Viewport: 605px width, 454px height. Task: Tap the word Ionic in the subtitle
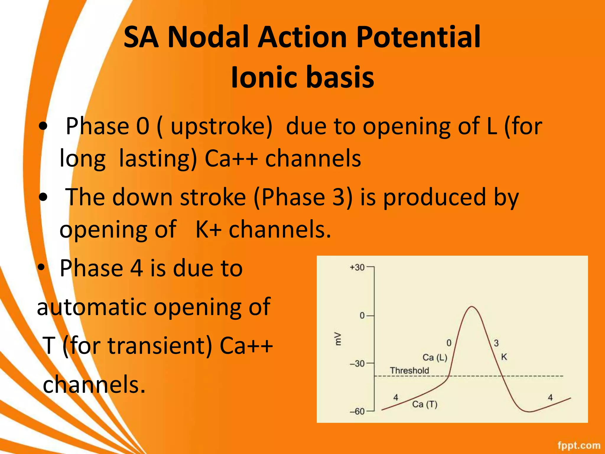(x=263, y=77)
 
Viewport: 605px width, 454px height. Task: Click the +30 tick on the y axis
(x=357, y=267)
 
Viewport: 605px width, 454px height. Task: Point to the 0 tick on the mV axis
(x=362, y=316)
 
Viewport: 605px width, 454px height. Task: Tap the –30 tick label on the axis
(x=357, y=364)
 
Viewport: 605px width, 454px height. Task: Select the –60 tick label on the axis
(x=357, y=411)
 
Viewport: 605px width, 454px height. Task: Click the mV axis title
(x=337, y=339)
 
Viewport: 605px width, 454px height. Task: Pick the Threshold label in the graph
(x=409, y=370)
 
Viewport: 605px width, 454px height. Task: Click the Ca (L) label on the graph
(x=435, y=357)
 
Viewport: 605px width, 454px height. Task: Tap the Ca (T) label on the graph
(x=425, y=404)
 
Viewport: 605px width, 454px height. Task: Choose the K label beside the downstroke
(x=504, y=357)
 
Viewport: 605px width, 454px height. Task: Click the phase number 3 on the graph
(x=496, y=343)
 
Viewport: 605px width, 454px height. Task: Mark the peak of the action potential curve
(x=472, y=307)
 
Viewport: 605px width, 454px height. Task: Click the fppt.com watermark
(x=579, y=445)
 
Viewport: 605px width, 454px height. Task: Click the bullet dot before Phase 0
(x=43, y=126)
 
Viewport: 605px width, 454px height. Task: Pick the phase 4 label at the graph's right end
(x=550, y=398)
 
